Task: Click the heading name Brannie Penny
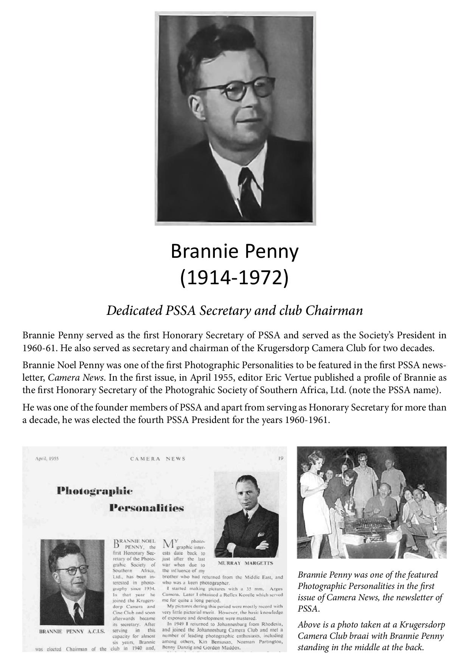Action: (234, 251)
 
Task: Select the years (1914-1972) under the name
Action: (234, 278)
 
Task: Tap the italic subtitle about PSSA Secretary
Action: (234, 310)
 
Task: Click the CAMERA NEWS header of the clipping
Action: (158, 459)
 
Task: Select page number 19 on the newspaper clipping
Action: (281, 459)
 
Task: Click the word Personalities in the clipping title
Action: (146, 508)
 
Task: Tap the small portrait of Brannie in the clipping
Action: (72, 582)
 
